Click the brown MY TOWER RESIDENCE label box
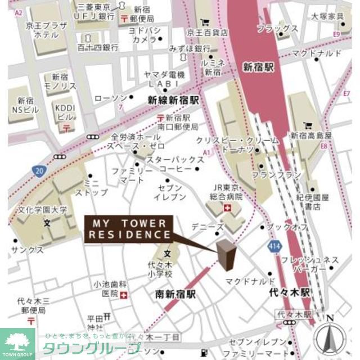pos(129,228)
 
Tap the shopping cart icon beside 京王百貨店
pos(205,23)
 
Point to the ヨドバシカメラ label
pos(145,35)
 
